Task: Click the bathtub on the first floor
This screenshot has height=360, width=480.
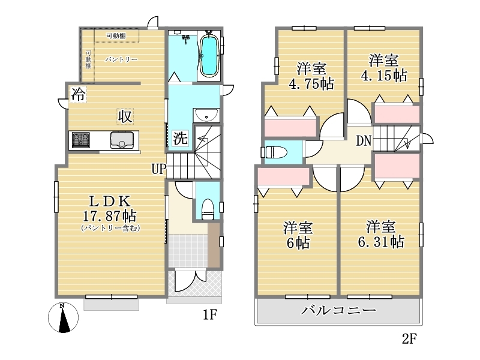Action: coord(208,55)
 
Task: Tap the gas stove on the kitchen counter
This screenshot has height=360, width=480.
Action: coord(81,140)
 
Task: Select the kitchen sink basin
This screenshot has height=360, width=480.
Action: coord(122,140)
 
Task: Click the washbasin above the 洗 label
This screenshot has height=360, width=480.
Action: coord(206,115)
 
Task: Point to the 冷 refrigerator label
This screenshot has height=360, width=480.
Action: coord(78,94)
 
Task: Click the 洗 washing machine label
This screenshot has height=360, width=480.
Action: coord(180,138)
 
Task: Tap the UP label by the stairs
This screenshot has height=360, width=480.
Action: coord(159,169)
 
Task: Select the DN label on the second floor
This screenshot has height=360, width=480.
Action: coord(364,141)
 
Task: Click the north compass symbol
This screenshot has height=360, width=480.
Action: coord(63,318)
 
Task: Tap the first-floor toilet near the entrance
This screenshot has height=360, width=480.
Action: coord(208,209)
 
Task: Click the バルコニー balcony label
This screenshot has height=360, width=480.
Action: coord(338,310)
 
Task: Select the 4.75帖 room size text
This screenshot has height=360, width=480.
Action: coord(311,84)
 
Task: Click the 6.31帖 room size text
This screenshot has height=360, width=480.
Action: coord(381,242)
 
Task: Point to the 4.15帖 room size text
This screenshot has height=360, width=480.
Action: coord(384,75)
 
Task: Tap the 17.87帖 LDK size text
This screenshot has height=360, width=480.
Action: coord(110,216)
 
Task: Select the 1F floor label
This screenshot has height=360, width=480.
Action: coord(210,314)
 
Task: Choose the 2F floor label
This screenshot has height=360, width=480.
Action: coord(409,338)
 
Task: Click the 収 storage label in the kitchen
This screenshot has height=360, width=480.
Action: coord(125,116)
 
